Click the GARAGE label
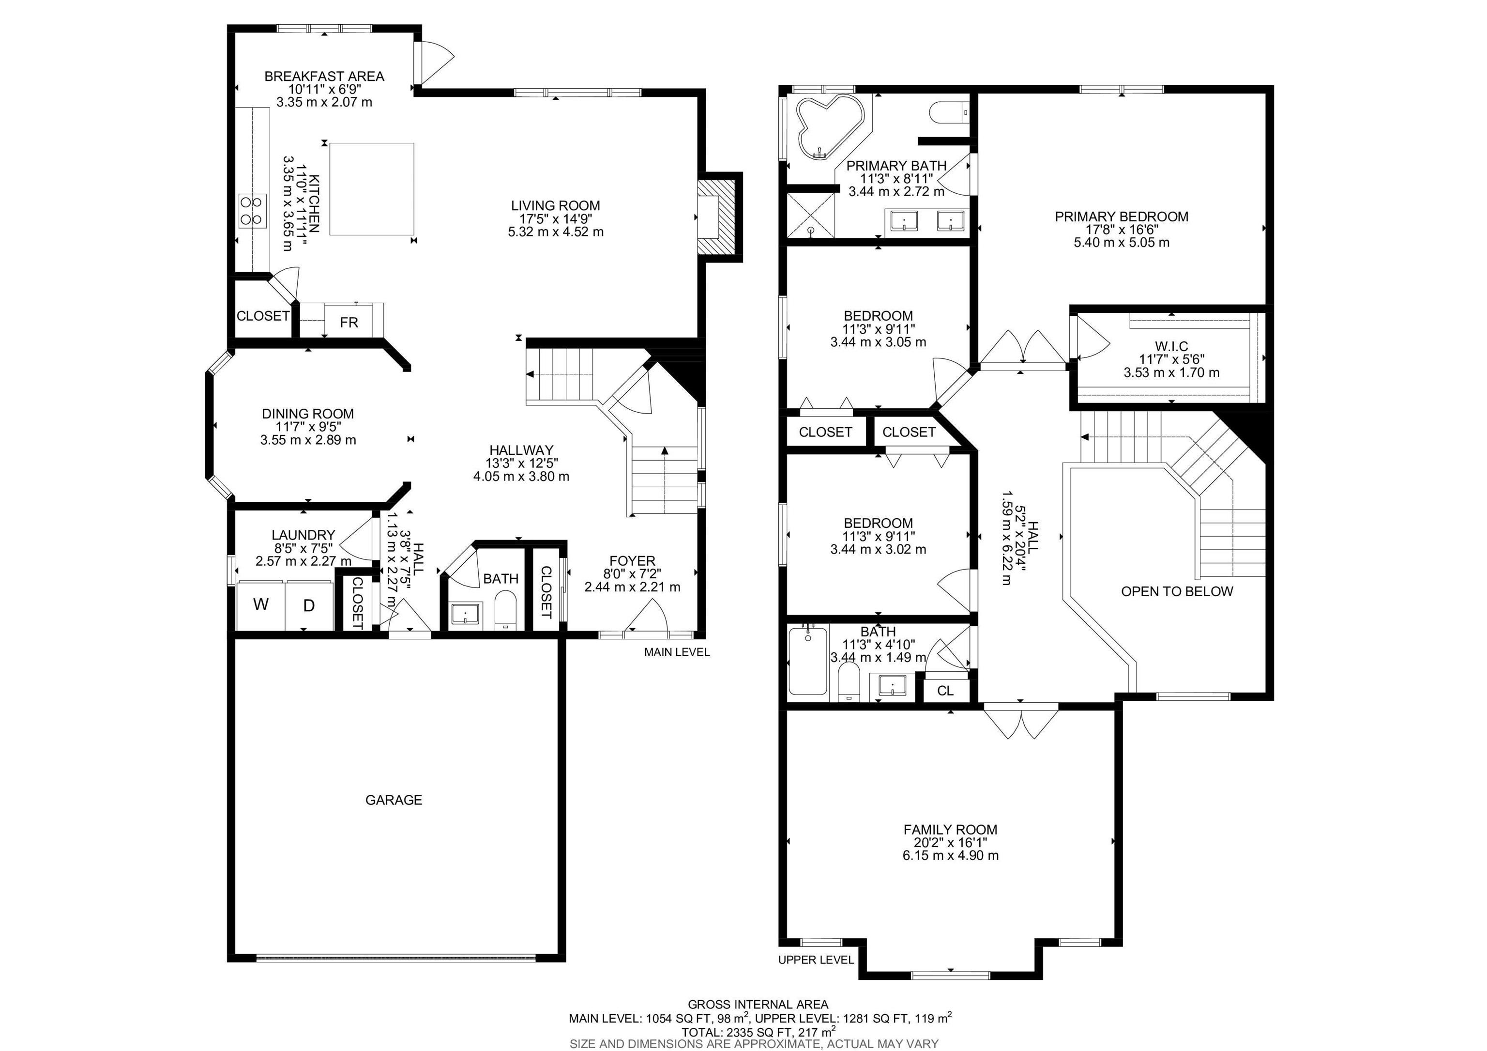(x=393, y=800)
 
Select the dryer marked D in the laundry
(x=309, y=606)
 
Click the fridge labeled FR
(x=349, y=322)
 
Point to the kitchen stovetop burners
(x=253, y=211)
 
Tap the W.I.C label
(x=1171, y=347)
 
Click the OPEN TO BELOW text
(x=1177, y=591)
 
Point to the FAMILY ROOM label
(x=950, y=829)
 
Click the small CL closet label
(x=945, y=691)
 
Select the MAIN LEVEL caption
(x=676, y=652)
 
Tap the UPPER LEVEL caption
(x=816, y=959)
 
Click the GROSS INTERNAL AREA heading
(x=758, y=1005)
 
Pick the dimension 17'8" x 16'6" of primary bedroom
(x=1121, y=230)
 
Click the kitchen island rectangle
(x=371, y=189)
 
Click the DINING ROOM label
(x=308, y=414)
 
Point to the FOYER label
(x=632, y=560)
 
